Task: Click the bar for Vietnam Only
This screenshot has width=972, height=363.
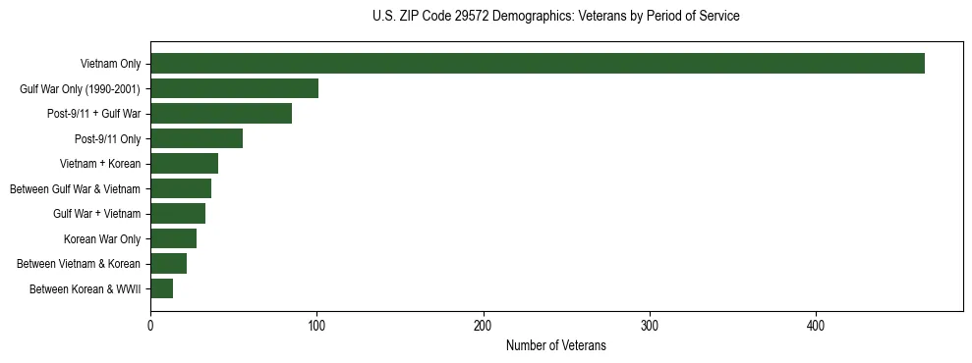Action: [538, 64]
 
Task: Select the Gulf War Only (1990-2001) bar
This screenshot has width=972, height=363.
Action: [234, 88]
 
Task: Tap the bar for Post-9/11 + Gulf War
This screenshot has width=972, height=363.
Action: [221, 114]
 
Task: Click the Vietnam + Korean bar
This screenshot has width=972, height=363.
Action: [184, 164]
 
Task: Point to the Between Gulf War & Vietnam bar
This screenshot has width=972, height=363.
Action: [181, 188]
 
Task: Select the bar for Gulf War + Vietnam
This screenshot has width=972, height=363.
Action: [178, 214]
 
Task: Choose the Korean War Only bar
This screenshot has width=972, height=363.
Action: [173, 238]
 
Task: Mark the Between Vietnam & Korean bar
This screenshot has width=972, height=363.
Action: [168, 264]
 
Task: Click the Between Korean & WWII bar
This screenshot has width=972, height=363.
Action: [161, 288]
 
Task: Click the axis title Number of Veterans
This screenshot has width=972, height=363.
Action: [555, 346]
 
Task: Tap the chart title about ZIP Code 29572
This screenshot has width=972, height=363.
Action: [555, 17]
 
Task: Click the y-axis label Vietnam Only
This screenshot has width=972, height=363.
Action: [110, 64]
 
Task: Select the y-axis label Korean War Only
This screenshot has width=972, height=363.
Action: [102, 238]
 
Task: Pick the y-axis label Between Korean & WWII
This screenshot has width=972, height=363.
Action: [86, 288]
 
